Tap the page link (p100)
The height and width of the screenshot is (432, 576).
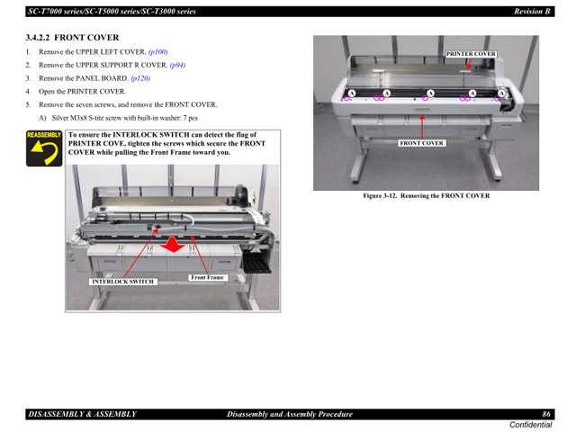[x=157, y=52]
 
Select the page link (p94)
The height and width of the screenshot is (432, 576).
[x=178, y=66]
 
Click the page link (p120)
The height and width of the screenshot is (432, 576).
[x=140, y=78]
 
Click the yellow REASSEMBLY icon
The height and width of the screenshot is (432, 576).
[x=44, y=149]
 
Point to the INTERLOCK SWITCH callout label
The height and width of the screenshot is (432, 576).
[x=123, y=282]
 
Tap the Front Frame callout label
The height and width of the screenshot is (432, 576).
[x=207, y=277]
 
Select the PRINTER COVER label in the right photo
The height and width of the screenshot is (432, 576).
[x=471, y=54]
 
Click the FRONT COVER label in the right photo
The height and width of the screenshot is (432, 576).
[x=421, y=143]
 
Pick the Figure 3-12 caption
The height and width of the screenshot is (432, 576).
[x=426, y=195]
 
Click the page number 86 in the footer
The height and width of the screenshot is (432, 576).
[x=545, y=414]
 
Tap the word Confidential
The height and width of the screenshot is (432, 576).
[x=530, y=425]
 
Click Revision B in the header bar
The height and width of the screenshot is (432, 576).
[x=532, y=12]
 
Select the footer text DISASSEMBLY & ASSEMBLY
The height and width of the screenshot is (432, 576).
[x=82, y=414]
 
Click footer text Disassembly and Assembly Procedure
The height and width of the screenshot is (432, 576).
[x=289, y=414]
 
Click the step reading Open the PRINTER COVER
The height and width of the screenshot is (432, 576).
[x=82, y=92]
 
